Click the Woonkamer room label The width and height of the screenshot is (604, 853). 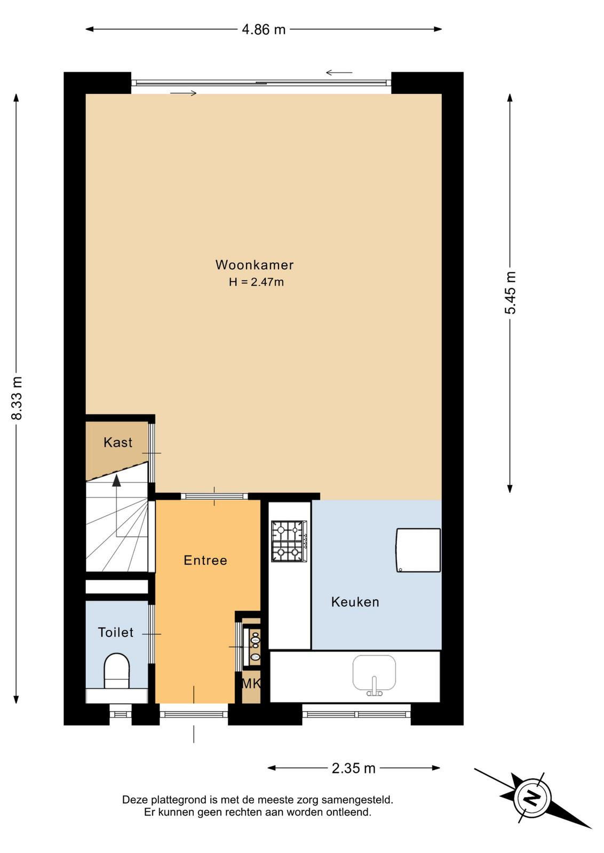point(255,264)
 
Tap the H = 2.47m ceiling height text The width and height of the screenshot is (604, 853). point(256,282)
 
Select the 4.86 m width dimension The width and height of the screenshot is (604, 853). point(264,29)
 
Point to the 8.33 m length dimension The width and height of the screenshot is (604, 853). point(17,398)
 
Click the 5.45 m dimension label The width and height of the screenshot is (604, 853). point(510,293)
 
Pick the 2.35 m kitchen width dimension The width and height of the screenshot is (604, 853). point(354,768)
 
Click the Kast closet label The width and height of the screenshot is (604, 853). point(118,442)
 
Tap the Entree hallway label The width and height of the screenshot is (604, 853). point(205,560)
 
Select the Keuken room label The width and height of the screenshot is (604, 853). point(355,602)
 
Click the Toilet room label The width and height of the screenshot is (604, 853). point(115,632)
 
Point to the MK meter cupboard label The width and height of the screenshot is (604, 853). point(251,683)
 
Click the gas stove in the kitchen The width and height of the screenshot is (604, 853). point(289,541)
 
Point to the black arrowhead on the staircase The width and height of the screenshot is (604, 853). point(116,480)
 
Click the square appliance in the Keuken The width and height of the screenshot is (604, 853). point(418,550)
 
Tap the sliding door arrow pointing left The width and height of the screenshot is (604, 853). point(339,73)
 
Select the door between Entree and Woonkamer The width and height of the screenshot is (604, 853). point(214,496)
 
